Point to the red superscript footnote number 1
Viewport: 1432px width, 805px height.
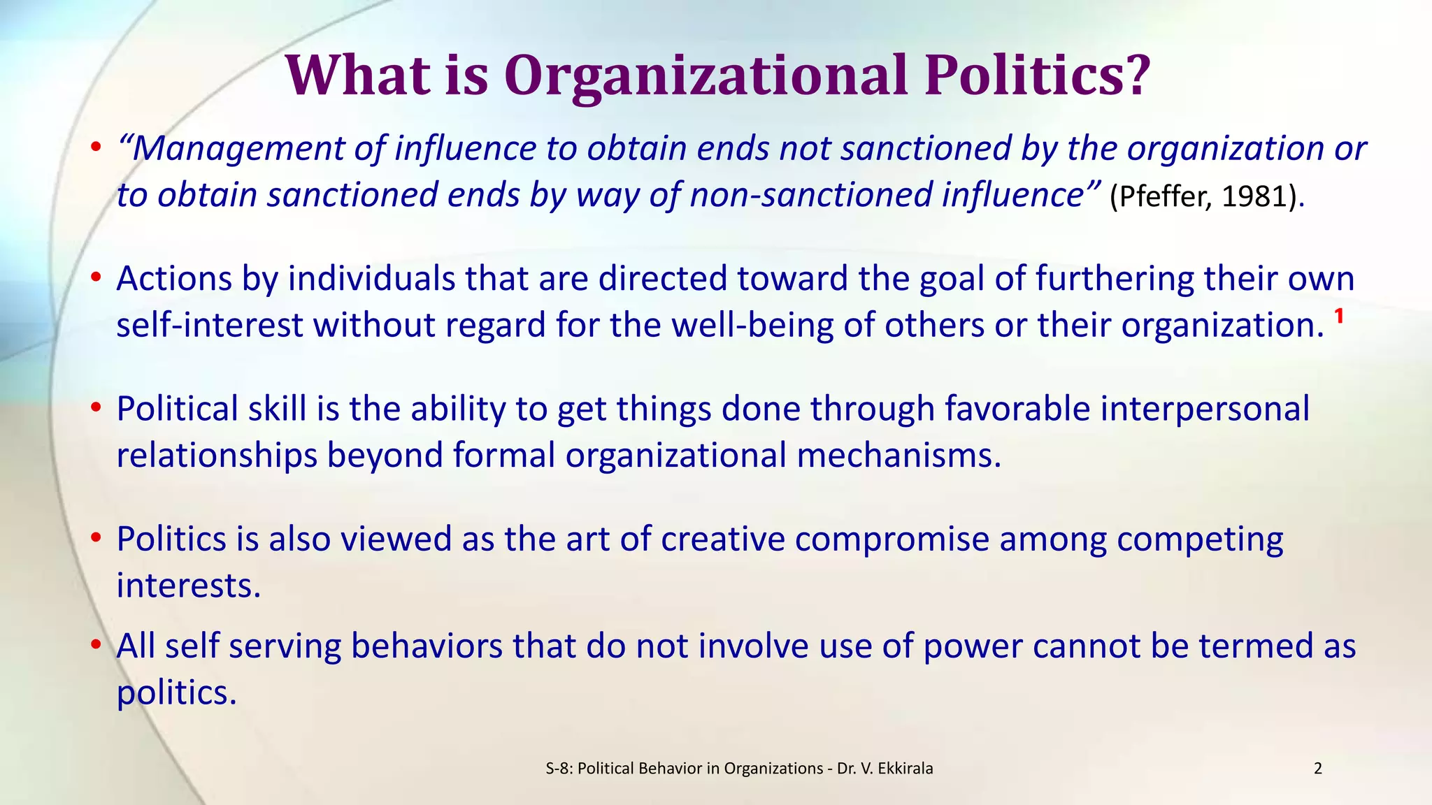coord(1339,317)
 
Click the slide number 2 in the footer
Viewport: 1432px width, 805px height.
coord(1318,769)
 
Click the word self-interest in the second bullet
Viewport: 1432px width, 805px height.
coord(209,325)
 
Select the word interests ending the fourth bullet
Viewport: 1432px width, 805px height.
coord(188,586)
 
